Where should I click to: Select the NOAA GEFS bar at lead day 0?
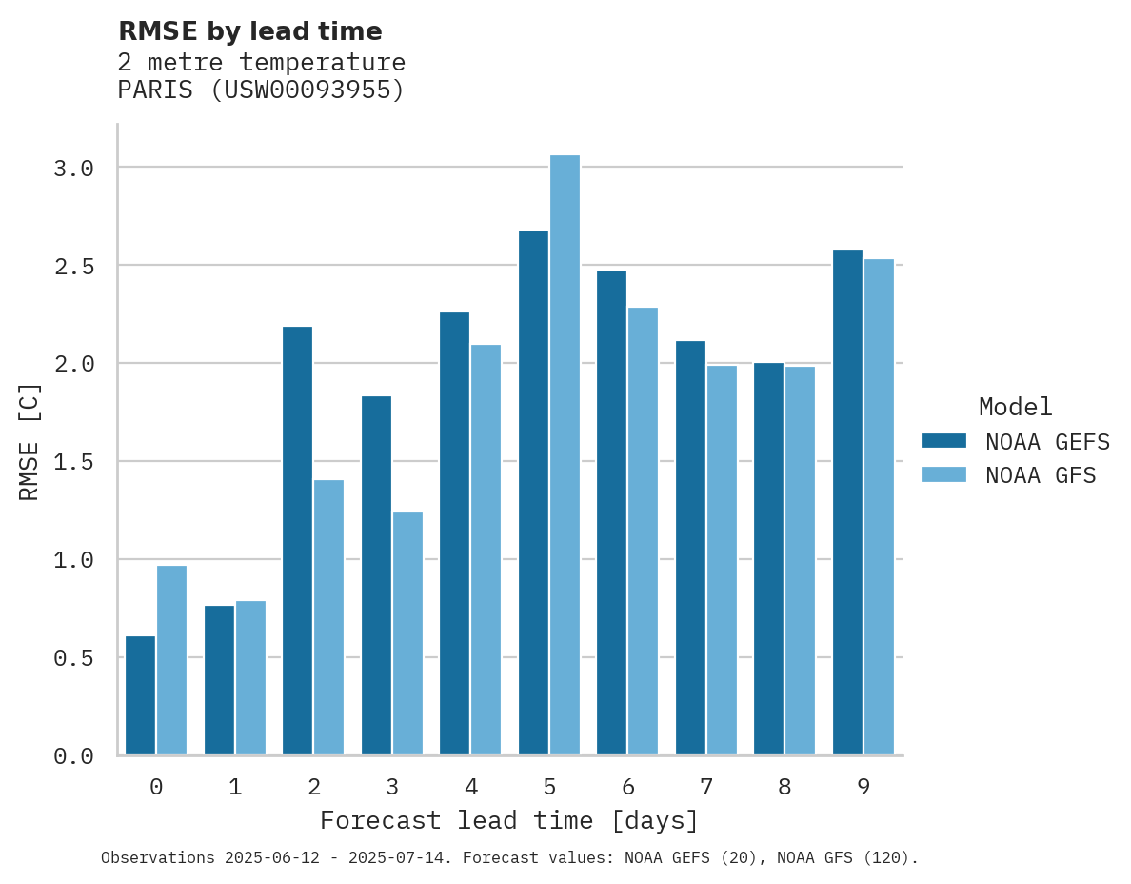click(x=140, y=695)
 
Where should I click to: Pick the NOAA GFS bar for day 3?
click(x=407, y=633)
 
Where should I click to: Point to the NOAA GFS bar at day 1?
click(x=250, y=677)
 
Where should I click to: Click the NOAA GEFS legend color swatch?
click(x=943, y=441)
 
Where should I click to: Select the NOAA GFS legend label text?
click(x=1041, y=475)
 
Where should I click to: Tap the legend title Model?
click(x=1015, y=408)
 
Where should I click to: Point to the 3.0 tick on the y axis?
click(x=73, y=169)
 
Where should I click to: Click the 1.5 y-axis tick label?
click(x=73, y=462)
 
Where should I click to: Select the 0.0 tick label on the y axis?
click(x=73, y=756)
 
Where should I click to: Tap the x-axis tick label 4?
click(x=470, y=787)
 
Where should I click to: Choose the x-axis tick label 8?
click(x=784, y=787)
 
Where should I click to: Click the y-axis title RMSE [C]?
click(x=30, y=441)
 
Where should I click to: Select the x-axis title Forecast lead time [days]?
click(x=509, y=821)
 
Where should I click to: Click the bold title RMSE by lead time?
click(x=249, y=31)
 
